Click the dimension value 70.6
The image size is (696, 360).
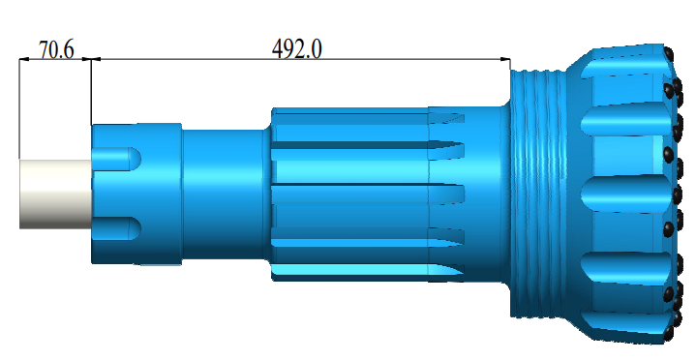pos(56,49)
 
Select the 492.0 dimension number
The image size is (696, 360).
pos(297,48)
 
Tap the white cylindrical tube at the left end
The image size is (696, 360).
pos(55,194)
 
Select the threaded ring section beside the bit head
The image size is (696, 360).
pos(538,194)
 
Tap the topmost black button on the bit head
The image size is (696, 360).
pos(668,55)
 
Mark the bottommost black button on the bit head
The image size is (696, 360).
pos(669,333)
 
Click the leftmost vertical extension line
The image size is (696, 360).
pos(19,108)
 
